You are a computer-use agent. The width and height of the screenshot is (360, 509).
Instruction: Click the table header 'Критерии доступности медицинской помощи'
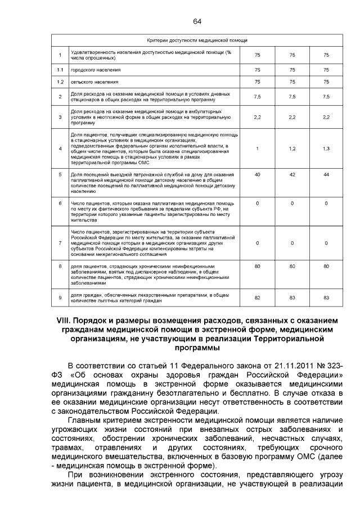[197, 40]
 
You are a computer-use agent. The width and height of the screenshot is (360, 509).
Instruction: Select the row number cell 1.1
[60, 70]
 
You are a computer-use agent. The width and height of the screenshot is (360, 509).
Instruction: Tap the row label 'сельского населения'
[91, 82]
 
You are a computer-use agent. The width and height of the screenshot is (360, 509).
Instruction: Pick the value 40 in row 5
[258, 175]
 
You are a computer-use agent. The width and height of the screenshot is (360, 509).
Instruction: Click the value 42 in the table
[292, 175]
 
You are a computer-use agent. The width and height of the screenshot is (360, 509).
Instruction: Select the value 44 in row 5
[326, 175]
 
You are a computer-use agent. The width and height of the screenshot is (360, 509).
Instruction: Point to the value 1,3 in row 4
[326, 148]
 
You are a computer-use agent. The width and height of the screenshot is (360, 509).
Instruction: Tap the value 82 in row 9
[258, 297]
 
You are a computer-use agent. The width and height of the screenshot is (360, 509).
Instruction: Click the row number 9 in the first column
[60, 297]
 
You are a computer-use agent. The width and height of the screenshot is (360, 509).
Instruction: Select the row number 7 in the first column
[60, 243]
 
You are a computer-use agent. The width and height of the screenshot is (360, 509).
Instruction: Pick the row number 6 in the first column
[60, 202]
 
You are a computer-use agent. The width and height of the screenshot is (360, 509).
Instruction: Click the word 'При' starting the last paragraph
[75, 474]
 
